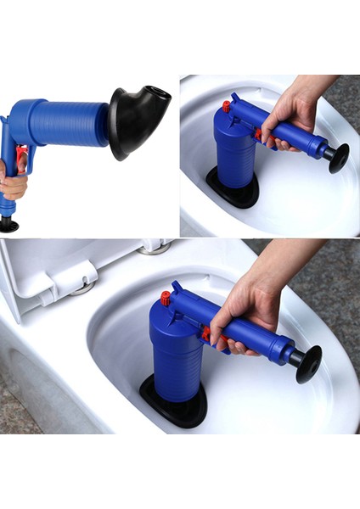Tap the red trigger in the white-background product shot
pyautogui.click(x=21, y=159)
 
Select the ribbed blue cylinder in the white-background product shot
pyautogui.click(x=71, y=124)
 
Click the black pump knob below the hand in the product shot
pyautogui.click(x=8, y=224)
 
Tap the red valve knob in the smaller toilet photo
pyautogui.click(x=227, y=107)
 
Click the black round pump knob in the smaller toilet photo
pyautogui.click(x=338, y=157)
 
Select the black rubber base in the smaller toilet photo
pyautogui.click(x=231, y=188)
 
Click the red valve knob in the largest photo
pyautogui.click(x=166, y=298)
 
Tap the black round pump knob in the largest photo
pyautogui.click(x=307, y=362)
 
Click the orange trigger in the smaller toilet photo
pyautogui.click(x=258, y=134)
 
